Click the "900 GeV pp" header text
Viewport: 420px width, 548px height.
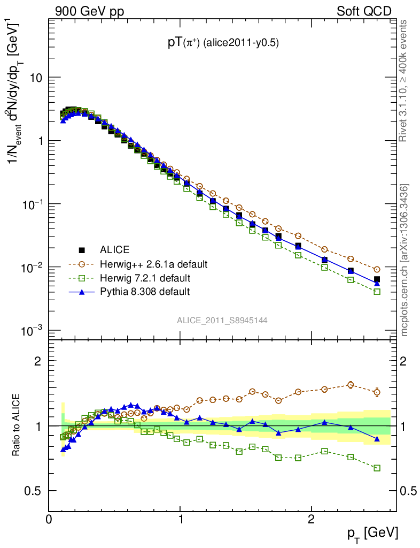(x=89, y=11)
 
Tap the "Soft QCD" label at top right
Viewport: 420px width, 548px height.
(x=364, y=11)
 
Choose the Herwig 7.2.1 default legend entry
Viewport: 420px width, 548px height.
(x=145, y=278)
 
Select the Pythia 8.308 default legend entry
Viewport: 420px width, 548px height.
(x=145, y=292)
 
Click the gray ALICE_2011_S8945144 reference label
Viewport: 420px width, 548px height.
(x=222, y=320)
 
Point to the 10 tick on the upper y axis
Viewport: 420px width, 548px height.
(x=36, y=78)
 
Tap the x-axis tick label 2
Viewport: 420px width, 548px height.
(x=312, y=519)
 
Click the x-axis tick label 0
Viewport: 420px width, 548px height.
(x=49, y=519)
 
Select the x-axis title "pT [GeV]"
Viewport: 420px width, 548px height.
(x=372, y=533)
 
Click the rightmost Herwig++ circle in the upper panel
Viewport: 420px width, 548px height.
(x=377, y=270)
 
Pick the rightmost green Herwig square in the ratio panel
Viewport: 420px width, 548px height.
(x=377, y=468)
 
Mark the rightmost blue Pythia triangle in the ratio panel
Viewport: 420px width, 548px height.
(x=377, y=439)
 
